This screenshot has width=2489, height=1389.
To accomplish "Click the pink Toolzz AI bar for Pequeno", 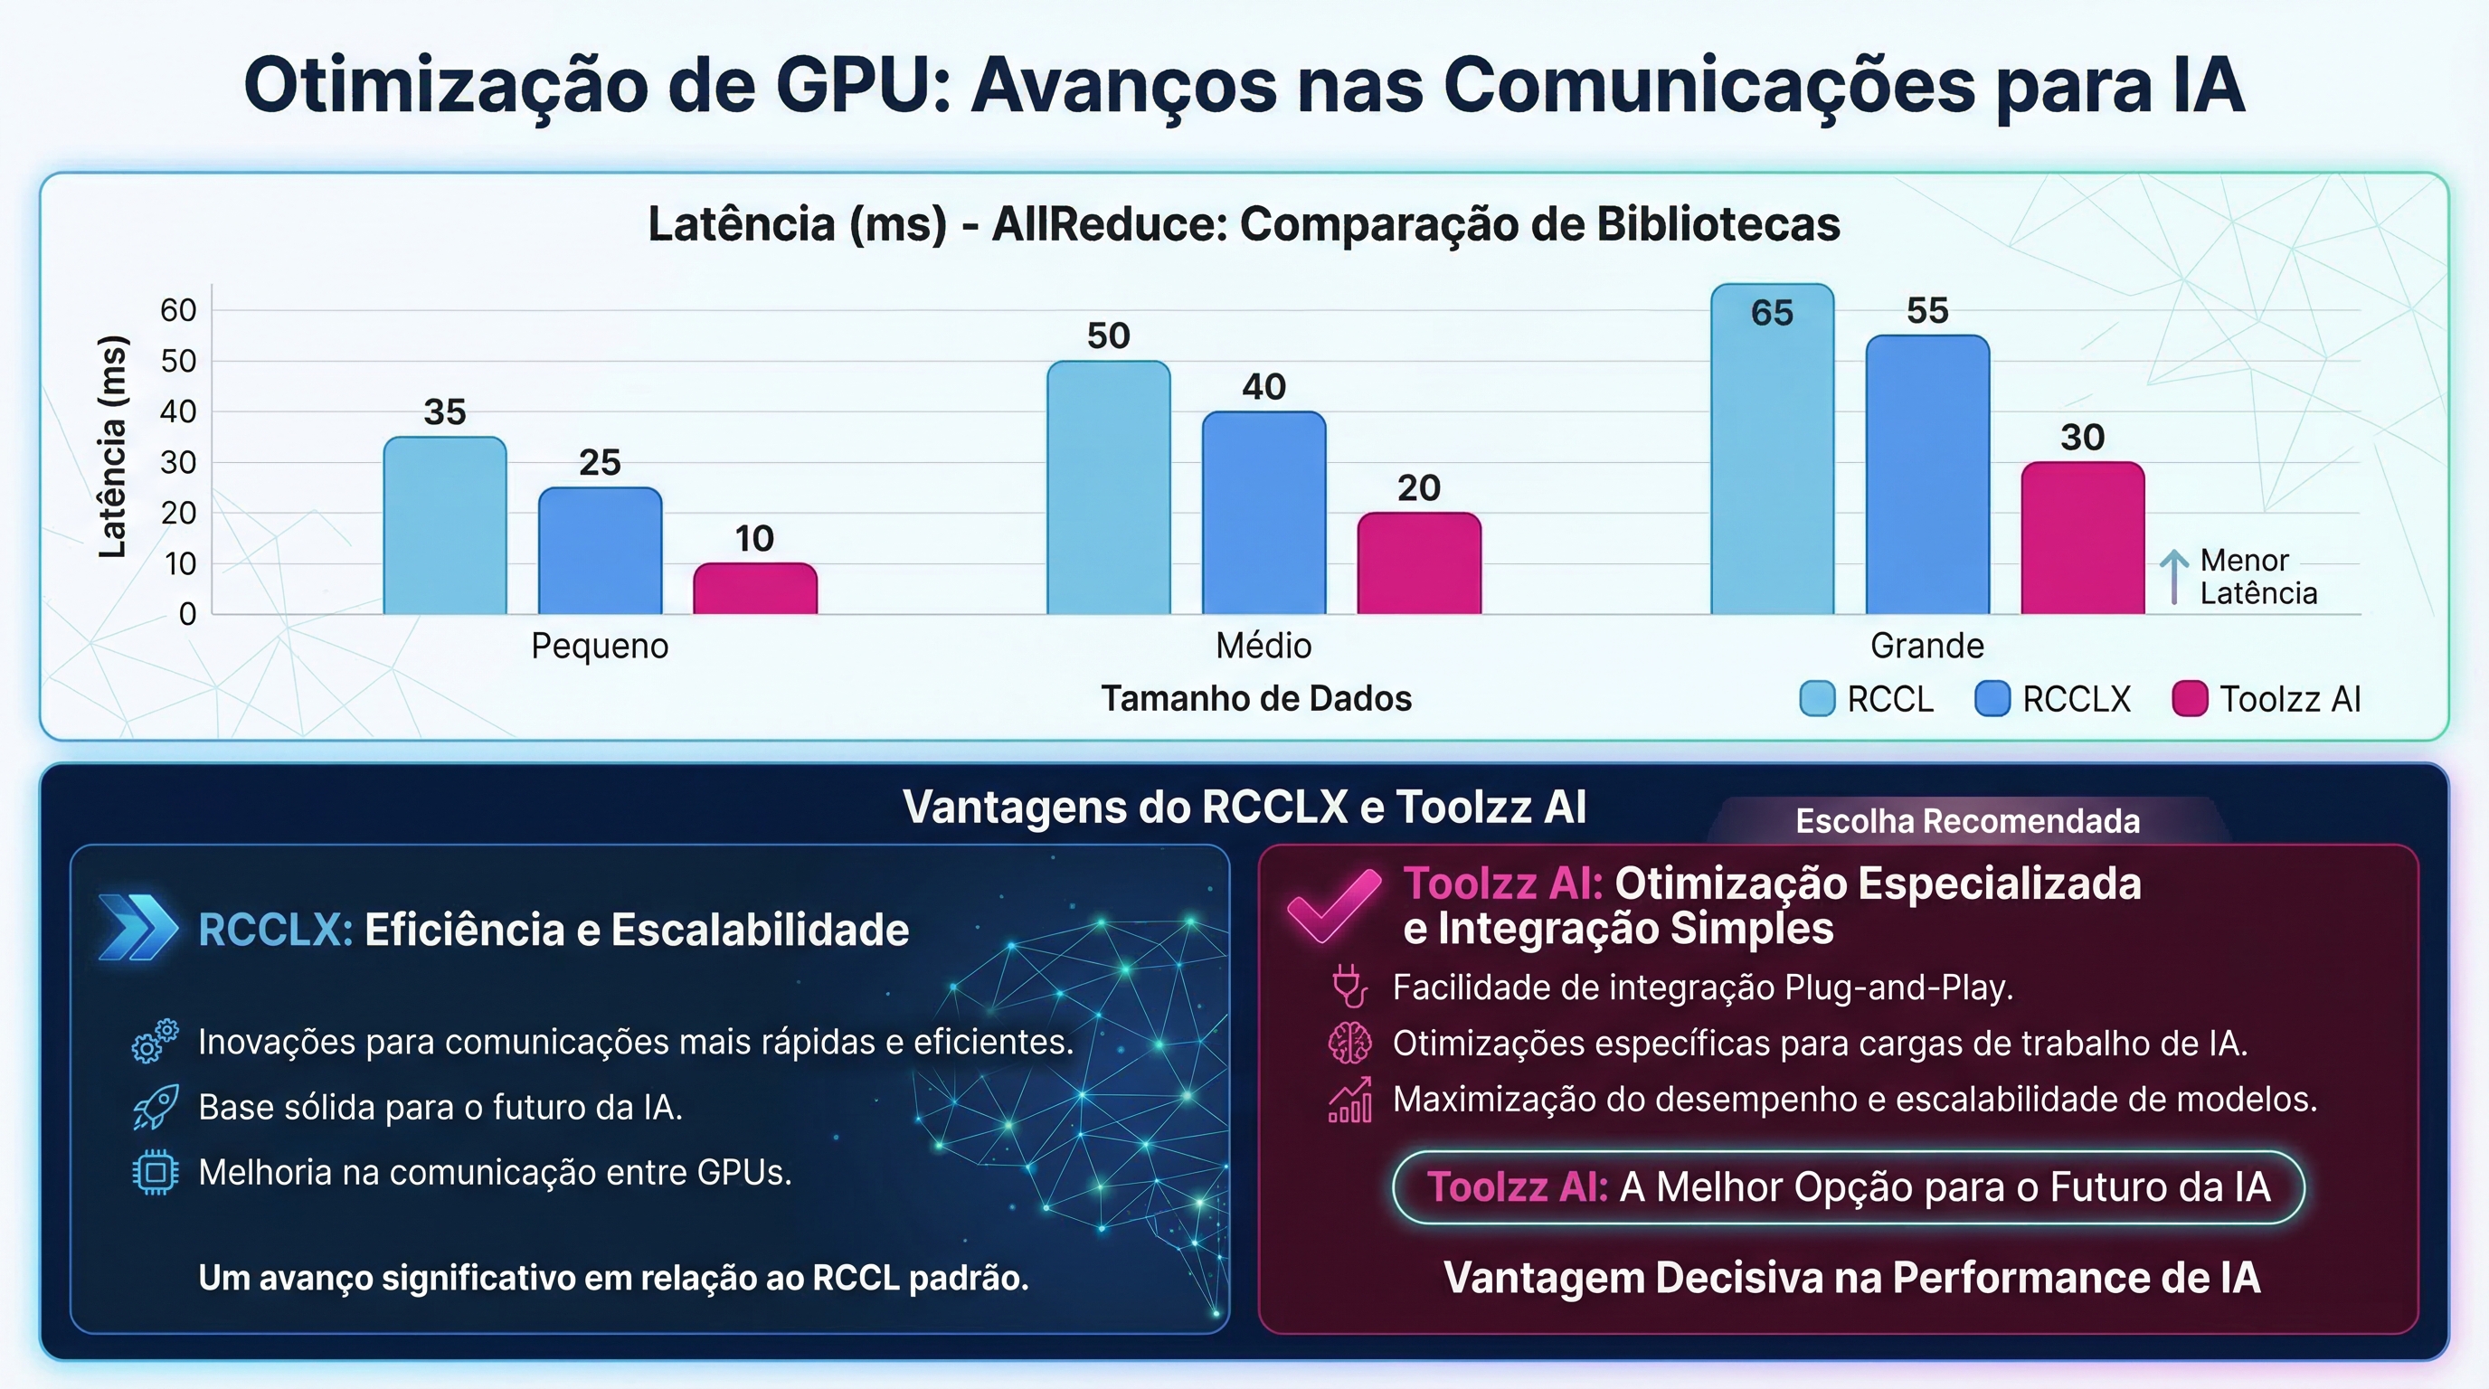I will pos(754,590).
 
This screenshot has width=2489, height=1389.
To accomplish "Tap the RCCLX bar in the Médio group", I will pos(1263,513).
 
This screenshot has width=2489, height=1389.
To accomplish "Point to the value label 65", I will pos(1772,313).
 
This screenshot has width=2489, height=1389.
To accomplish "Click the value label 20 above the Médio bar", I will pos(1418,487).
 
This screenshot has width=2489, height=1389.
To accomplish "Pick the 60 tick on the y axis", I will pos(178,310).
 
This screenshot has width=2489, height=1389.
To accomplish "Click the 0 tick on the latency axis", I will pos(187,614).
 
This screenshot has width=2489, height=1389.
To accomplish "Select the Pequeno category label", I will pos(599,646).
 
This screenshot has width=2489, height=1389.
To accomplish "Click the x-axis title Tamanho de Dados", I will pos(1256,697).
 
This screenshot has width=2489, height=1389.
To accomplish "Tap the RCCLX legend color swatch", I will pos(1992,698).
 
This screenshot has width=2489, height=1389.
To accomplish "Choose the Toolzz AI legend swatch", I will pos(2190,698).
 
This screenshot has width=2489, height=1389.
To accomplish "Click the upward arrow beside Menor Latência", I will pos(2174,576).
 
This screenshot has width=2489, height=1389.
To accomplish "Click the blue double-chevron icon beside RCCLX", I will pos(138,928).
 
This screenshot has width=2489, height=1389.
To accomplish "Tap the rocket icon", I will pos(155,1107).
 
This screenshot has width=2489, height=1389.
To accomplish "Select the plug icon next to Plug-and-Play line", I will pos(1349,987).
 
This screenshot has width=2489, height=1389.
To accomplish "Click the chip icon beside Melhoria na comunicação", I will pos(155,1173).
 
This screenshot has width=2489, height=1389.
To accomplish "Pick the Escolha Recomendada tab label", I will pos(1967,821).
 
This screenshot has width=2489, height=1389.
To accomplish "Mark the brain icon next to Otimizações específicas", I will pos(1349,1044).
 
